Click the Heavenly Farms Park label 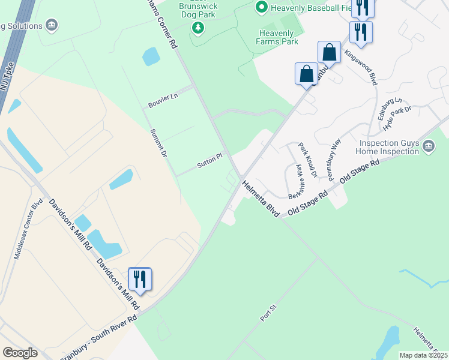click(279, 37)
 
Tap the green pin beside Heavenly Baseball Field click(261, 7)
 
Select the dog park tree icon click(198, 27)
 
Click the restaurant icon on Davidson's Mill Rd click(140, 279)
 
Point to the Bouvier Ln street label click(163, 101)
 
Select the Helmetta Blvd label click(261, 199)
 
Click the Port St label click(268, 313)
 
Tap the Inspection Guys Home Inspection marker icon click(429, 146)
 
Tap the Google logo click(20, 353)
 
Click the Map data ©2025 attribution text click(423, 355)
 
